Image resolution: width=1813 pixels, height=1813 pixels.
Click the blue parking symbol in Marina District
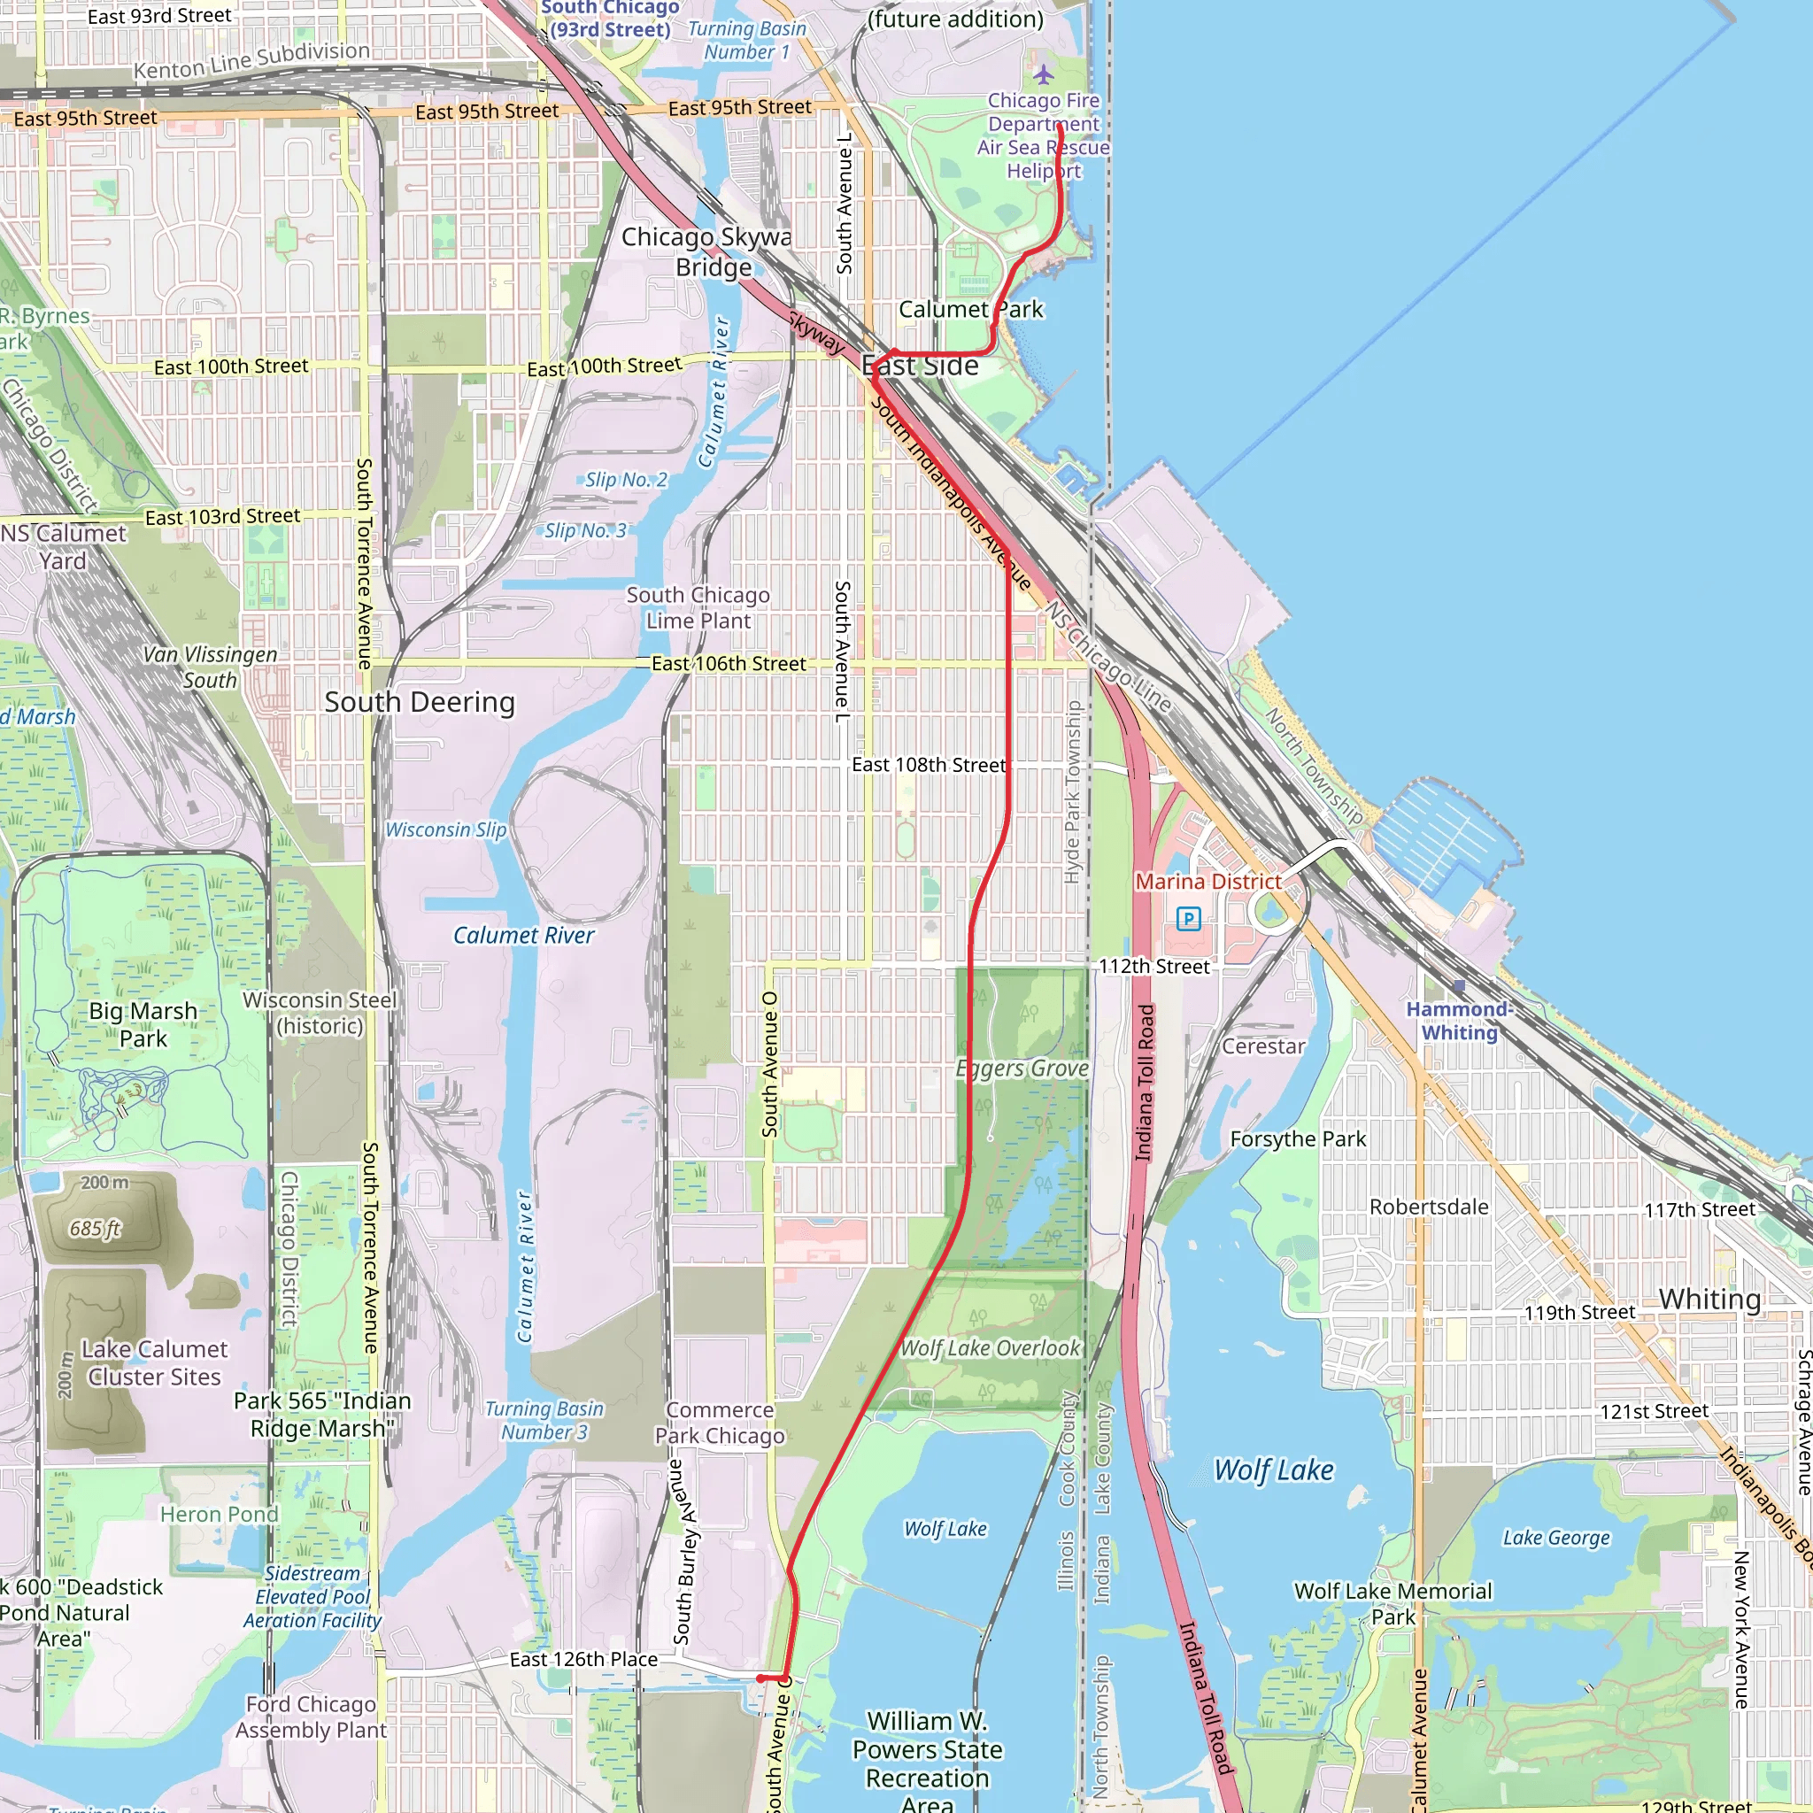(x=1188, y=919)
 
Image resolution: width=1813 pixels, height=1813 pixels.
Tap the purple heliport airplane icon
(x=1044, y=73)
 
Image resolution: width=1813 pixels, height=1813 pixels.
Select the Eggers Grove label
(x=1022, y=1069)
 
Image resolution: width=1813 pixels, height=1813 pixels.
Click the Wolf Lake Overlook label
(x=990, y=1348)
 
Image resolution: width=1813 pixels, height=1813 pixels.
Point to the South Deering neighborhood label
(x=420, y=702)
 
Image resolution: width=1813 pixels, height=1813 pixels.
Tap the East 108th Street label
(x=928, y=765)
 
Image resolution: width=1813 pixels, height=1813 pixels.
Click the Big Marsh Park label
(x=143, y=1025)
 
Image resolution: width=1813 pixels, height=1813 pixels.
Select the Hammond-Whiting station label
(x=1458, y=1021)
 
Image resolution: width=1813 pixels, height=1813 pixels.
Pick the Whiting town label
(x=1709, y=1300)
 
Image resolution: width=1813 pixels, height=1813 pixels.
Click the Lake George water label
(x=1556, y=1538)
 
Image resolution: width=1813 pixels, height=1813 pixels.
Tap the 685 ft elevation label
(x=95, y=1229)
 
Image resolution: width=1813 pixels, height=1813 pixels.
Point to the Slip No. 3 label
(x=584, y=531)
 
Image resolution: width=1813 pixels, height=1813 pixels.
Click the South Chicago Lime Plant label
(x=698, y=608)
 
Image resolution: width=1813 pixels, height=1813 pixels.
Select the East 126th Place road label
(x=582, y=1659)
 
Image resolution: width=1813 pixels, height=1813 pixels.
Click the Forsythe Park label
(x=1298, y=1139)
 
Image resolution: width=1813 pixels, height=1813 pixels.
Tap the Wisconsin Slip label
(x=446, y=829)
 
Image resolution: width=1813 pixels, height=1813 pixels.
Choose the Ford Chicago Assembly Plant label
(x=311, y=1717)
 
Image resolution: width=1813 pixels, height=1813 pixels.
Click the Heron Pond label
(x=219, y=1515)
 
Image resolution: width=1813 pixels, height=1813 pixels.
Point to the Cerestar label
(x=1263, y=1046)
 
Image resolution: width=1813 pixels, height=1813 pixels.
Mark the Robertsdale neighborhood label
(x=1428, y=1207)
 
